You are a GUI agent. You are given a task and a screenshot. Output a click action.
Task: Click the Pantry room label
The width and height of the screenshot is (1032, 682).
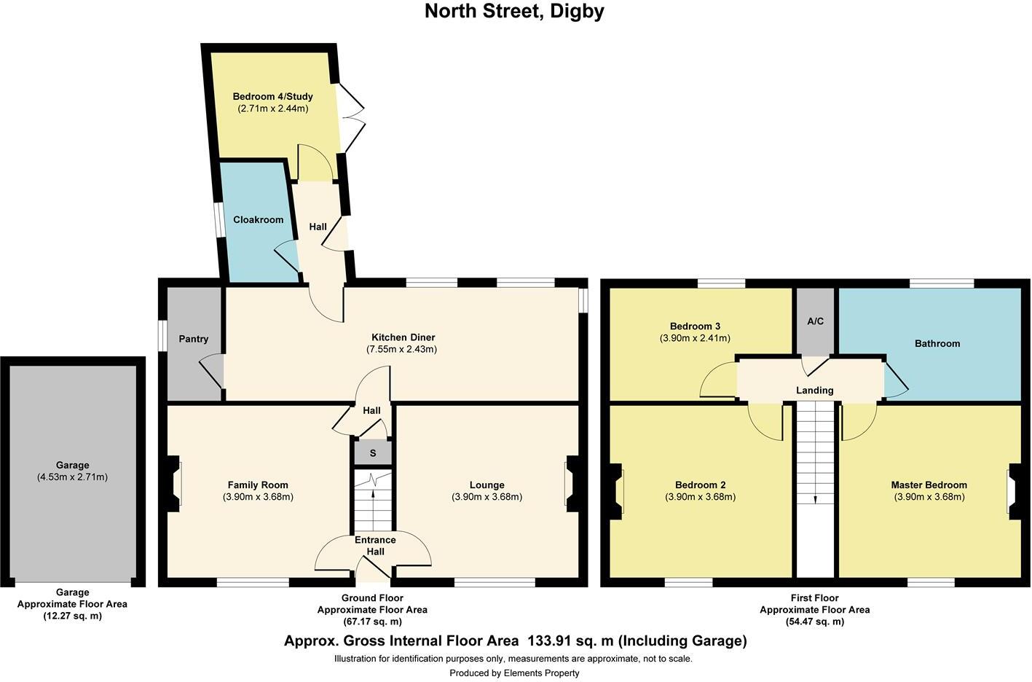pos(194,339)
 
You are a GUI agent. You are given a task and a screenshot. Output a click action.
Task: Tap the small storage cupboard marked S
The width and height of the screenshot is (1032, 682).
pos(373,453)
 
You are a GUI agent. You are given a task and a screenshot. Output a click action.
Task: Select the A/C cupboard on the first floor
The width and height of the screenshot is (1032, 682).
pos(815,321)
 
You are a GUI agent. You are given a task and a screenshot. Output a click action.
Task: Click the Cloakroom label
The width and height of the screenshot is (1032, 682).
pos(258,219)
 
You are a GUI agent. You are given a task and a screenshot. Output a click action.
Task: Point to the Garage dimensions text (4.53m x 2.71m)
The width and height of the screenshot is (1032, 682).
pos(72,477)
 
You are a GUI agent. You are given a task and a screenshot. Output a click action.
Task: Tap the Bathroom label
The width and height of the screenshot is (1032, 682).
pos(937,343)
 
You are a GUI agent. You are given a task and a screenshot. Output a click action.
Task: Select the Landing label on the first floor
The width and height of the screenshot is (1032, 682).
pos(814,391)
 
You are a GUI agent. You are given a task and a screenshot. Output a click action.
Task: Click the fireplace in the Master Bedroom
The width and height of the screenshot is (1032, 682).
pos(1013,491)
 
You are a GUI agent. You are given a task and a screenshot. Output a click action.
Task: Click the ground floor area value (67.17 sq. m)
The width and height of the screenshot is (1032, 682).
pos(372,622)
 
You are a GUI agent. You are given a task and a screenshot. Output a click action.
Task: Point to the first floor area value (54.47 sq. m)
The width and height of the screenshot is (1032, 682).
pos(814,622)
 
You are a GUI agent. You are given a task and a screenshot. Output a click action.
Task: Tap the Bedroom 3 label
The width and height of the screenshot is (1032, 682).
pos(695,326)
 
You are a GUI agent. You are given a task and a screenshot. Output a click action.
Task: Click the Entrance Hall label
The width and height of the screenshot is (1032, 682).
pos(375,546)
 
